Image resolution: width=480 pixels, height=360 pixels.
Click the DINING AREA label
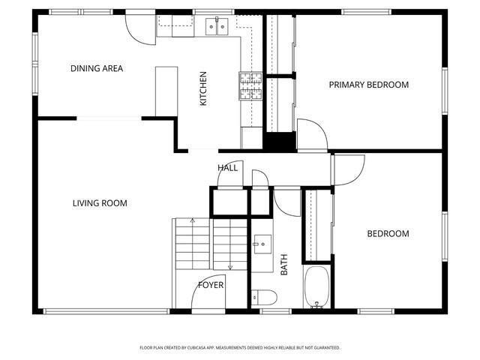pyautogui.click(x=97, y=68)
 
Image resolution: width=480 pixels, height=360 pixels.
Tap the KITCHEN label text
pyautogui.click(x=203, y=88)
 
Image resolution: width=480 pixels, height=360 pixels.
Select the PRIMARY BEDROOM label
pyautogui.click(x=368, y=85)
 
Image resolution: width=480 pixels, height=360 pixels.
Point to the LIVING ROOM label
pyautogui.click(x=100, y=203)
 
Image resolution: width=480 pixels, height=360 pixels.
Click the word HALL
pyautogui.click(x=227, y=168)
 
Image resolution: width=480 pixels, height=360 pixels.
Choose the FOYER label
pyautogui.click(x=211, y=285)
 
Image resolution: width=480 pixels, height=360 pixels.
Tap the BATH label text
pyautogui.click(x=284, y=265)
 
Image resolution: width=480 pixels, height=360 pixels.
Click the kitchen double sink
pyautogui.click(x=217, y=27)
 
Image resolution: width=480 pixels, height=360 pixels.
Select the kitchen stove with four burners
pyautogui.click(x=250, y=86)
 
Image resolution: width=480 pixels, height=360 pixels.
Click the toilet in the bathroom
pyautogui.click(x=264, y=297)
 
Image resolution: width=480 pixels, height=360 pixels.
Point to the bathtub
pyautogui.click(x=316, y=286)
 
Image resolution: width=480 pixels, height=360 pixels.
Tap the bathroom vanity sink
pyautogui.click(x=262, y=244)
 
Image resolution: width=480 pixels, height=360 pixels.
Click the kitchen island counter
pyautogui.click(x=166, y=91)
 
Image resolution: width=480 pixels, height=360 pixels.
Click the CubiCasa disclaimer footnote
pyautogui.click(x=240, y=348)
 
